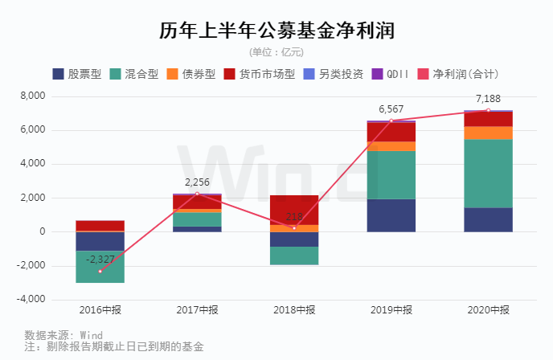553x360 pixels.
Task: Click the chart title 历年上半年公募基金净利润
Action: [x=276, y=30]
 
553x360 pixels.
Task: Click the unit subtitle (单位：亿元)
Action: [x=276, y=52]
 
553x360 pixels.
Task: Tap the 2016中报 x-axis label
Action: [x=100, y=311]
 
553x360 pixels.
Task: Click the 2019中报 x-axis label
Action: [x=391, y=311]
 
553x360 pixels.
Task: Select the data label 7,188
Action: [x=488, y=100]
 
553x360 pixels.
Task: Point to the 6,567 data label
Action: [x=391, y=110]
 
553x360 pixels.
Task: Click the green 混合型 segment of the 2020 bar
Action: [x=488, y=174]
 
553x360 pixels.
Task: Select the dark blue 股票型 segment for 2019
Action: [x=391, y=215]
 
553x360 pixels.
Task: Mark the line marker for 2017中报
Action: [x=197, y=194]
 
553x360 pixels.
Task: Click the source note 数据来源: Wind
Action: [x=63, y=335]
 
